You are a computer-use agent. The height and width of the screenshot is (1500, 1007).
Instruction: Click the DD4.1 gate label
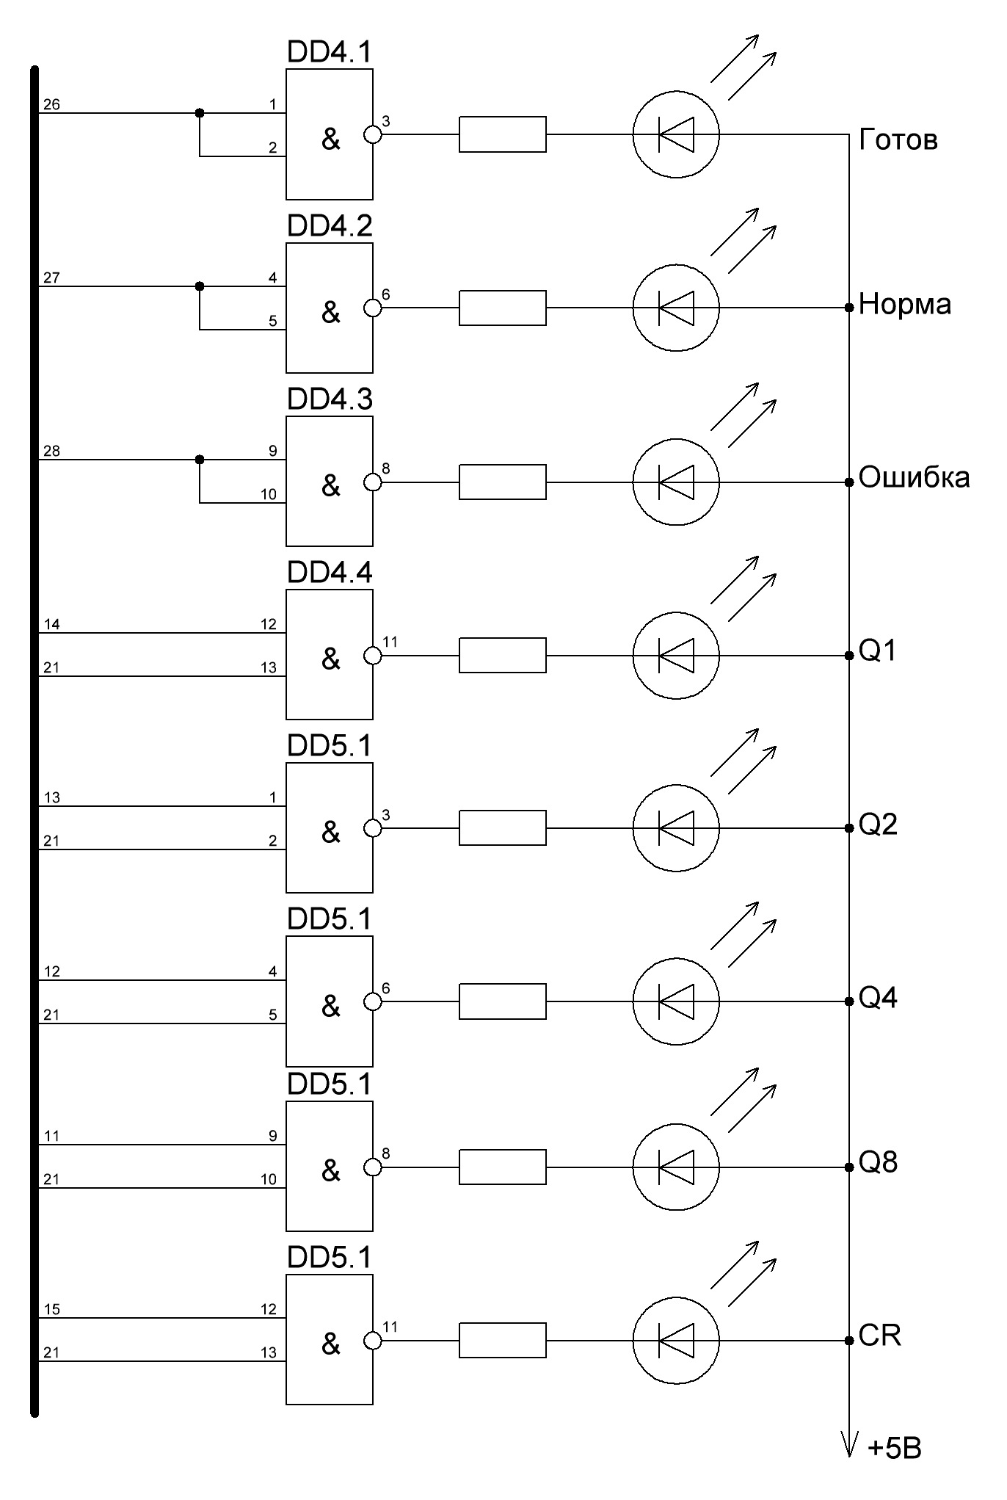pyautogui.click(x=330, y=52)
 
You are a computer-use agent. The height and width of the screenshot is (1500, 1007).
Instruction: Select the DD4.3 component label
pyautogui.click(x=330, y=399)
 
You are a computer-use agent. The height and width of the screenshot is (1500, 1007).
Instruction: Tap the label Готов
pyautogui.click(x=898, y=140)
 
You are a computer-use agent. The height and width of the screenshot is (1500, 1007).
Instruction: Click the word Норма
pyautogui.click(x=904, y=304)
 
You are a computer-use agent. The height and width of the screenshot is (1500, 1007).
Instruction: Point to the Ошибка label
pyautogui.click(x=914, y=477)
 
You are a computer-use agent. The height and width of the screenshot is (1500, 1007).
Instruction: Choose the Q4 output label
pyautogui.click(x=878, y=999)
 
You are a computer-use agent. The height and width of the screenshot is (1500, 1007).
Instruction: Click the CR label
pyautogui.click(x=879, y=1335)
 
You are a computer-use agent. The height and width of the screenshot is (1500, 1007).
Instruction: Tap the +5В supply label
pyautogui.click(x=894, y=1449)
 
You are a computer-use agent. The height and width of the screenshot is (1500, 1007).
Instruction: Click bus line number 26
pyautogui.click(x=51, y=105)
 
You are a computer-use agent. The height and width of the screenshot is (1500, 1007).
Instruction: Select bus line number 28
pyautogui.click(x=51, y=452)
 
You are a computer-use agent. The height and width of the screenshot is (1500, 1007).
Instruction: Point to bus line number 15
pyautogui.click(x=51, y=1310)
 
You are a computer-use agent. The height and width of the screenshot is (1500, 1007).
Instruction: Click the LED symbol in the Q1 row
pyautogui.click(x=676, y=655)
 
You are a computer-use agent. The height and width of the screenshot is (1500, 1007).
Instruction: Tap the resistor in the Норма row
pyautogui.click(x=503, y=308)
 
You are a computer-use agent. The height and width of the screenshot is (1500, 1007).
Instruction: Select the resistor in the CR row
pyautogui.click(x=503, y=1341)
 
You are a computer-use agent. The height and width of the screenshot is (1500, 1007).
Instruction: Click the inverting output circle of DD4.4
pyautogui.click(x=373, y=655)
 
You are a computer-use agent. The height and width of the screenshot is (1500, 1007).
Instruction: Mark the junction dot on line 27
pyautogui.click(x=199, y=286)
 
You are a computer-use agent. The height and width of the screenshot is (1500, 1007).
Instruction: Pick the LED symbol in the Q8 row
pyautogui.click(x=676, y=1167)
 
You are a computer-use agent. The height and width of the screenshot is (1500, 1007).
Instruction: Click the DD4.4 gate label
pyautogui.click(x=330, y=573)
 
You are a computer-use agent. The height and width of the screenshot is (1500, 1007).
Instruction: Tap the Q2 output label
pyautogui.click(x=878, y=825)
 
